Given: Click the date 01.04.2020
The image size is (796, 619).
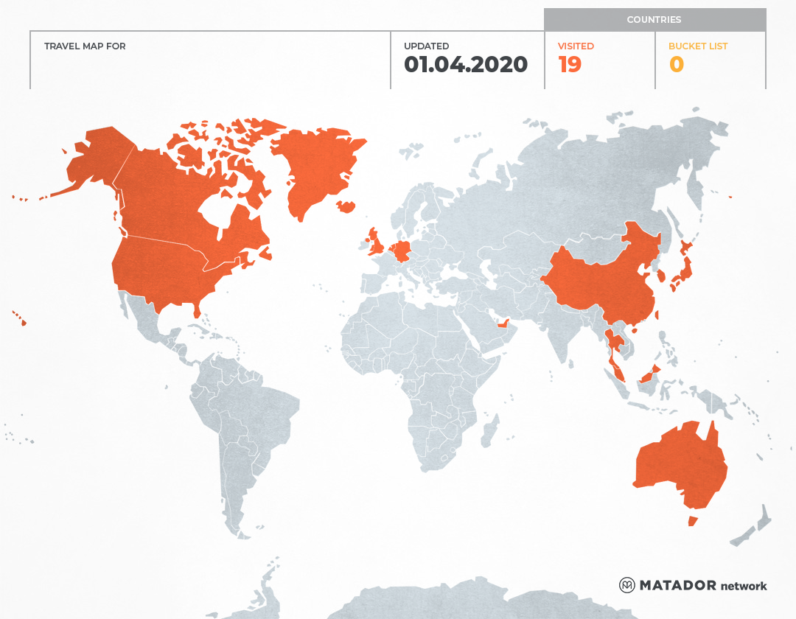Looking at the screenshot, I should pyautogui.click(x=465, y=65).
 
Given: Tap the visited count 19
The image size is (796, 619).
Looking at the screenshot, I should pyautogui.click(x=570, y=65).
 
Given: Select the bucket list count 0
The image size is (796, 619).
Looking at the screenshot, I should pyautogui.click(x=676, y=65).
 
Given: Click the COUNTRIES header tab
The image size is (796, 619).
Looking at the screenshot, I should pyautogui.click(x=654, y=20).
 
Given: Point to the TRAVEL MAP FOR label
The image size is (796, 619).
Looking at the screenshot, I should pyautogui.click(x=85, y=46).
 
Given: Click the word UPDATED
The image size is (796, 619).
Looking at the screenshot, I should pyautogui.click(x=426, y=46).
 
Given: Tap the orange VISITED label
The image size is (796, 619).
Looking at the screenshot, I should pyautogui.click(x=576, y=46).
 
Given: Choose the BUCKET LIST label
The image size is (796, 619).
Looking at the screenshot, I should pyautogui.click(x=697, y=46).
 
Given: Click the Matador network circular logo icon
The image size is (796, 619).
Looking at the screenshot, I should pyautogui.click(x=627, y=585).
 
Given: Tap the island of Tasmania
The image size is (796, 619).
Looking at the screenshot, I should pyautogui.click(x=692, y=521).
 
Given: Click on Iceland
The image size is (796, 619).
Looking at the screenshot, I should pyautogui.click(x=346, y=206).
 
